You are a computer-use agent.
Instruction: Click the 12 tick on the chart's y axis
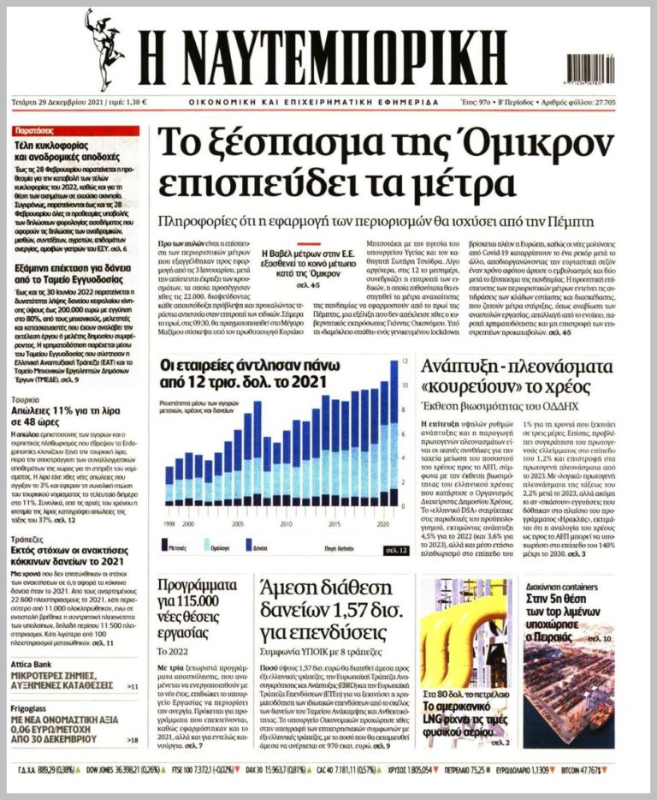click(x=405, y=363)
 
